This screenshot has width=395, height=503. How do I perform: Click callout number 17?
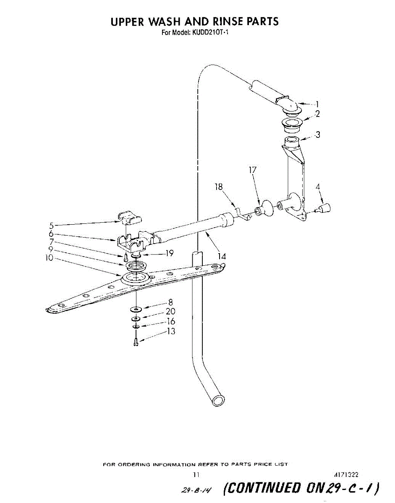click(x=252, y=170)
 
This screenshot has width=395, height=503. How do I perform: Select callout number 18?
click(x=219, y=187)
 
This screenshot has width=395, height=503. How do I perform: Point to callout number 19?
click(x=169, y=253)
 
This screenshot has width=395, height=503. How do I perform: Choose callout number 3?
click(x=318, y=135)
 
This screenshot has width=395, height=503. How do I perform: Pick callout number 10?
click(x=50, y=258)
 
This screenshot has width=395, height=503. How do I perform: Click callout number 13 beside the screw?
click(x=171, y=332)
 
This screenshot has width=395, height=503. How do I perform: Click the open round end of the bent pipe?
click(x=218, y=400)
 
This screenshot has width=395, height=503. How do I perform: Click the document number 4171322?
click(x=346, y=475)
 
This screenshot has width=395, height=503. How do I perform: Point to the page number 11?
click(x=196, y=475)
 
